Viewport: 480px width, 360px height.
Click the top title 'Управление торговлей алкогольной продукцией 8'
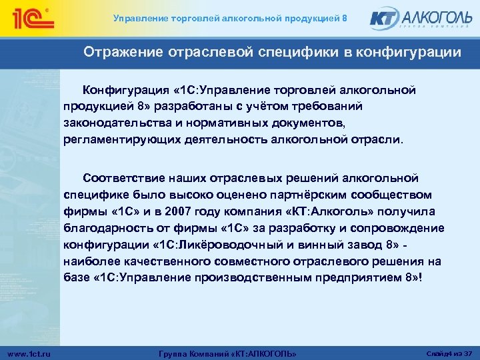(229, 18)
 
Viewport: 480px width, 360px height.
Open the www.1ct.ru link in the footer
(31, 352)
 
